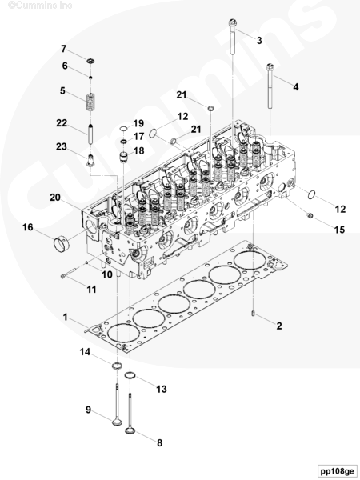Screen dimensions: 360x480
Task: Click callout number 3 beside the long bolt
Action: [x=259, y=40]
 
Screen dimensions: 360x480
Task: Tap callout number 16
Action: [x=27, y=227]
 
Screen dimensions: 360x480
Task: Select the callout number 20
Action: [x=55, y=198]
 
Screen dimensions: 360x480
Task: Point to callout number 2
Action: [x=279, y=326]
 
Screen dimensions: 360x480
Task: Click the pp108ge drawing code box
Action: [x=337, y=471]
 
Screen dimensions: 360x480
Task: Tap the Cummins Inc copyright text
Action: [x=40, y=6]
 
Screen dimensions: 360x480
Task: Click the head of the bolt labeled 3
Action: [x=233, y=22]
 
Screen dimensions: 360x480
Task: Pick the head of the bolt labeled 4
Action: [x=270, y=66]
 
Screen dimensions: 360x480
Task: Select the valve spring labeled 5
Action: [x=90, y=102]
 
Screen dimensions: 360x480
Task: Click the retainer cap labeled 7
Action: [x=90, y=61]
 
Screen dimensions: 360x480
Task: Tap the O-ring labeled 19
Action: [x=123, y=129]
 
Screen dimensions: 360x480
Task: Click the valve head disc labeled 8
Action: [x=130, y=430]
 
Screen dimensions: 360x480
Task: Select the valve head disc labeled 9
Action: [x=117, y=422]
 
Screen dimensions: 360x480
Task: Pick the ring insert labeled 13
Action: [x=130, y=375]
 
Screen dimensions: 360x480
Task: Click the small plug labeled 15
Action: [x=310, y=216]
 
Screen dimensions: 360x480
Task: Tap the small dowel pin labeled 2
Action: [x=253, y=313]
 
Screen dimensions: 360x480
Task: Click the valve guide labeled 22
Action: [x=90, y=134]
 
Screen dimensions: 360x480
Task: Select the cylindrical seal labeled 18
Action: [x=123, y=157]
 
